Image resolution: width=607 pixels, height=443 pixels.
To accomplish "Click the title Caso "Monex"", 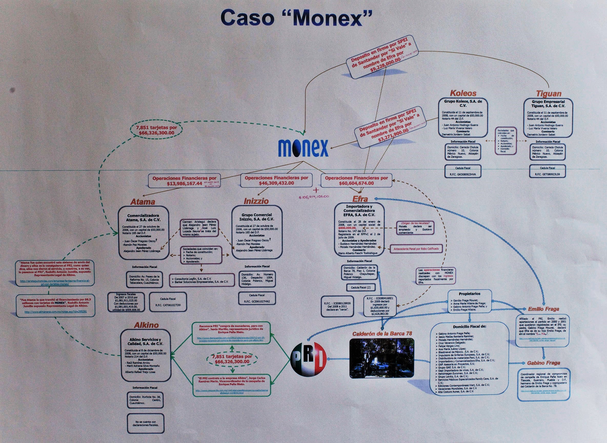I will (x=296, y=18).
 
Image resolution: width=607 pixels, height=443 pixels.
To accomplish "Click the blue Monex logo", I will (x=303, y=147).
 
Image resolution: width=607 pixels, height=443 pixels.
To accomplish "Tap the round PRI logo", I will (x=309, y=359).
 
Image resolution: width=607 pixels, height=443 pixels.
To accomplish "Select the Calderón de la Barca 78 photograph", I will (x=382, y=358).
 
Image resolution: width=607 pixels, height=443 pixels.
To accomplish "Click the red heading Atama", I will (x=142, y=202).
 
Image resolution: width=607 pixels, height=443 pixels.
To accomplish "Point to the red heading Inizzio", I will (x=256, y=201).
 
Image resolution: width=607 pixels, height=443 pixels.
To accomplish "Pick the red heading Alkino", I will (x=146, y=325).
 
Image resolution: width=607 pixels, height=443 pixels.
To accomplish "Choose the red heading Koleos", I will (x=463, y=93).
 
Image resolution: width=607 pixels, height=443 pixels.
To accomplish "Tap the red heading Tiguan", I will (x=549, y=94).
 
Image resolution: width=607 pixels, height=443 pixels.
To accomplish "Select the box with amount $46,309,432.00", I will (x=276, y=180).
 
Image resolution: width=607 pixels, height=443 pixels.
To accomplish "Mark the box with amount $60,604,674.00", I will (x=356, y=180).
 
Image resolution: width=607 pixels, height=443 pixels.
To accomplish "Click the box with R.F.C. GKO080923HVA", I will (x=463, y=171).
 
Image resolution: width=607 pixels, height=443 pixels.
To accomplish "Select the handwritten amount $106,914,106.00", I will (x=314, y=197).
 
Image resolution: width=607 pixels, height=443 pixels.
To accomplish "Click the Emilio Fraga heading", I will (x=543, y=309).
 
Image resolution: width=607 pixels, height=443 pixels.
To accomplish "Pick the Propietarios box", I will (x=469, y=302).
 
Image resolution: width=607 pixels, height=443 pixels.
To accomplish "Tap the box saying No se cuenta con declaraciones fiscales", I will (x=146, y=424).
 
